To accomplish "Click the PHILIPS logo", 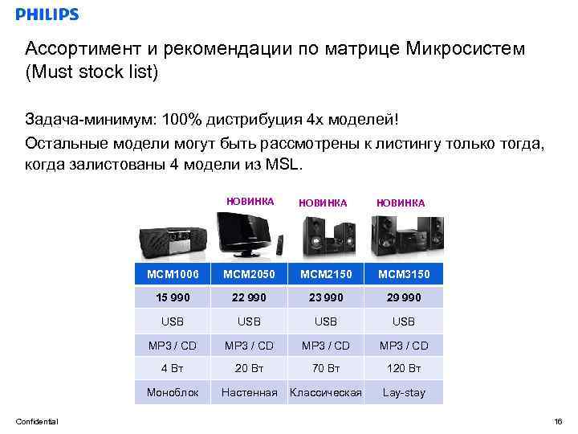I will [x=47, y=14].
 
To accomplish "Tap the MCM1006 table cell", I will [x=172, y=274].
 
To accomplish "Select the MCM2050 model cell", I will [x=249, y=274].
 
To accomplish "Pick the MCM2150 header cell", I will [x=326, y=274].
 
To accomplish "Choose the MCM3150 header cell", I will [x=404, y=274].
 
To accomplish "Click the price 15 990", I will [x=172, y=297].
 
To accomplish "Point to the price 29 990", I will [x=404, y=297].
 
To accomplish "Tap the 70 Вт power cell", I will [x=326, y=369].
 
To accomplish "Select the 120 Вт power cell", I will [x=404, y=369].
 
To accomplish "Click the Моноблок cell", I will [x=172, y=393].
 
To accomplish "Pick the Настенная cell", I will [x=249, y=393].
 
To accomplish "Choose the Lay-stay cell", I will [x=404, y=393].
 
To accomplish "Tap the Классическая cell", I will [x=326, y=393].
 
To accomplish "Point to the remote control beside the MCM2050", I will [x=279, y=245].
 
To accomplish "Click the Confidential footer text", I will [x=37, y=421].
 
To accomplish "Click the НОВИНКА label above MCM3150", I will [x=401, y=203].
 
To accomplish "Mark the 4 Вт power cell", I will [x=172, y=369].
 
